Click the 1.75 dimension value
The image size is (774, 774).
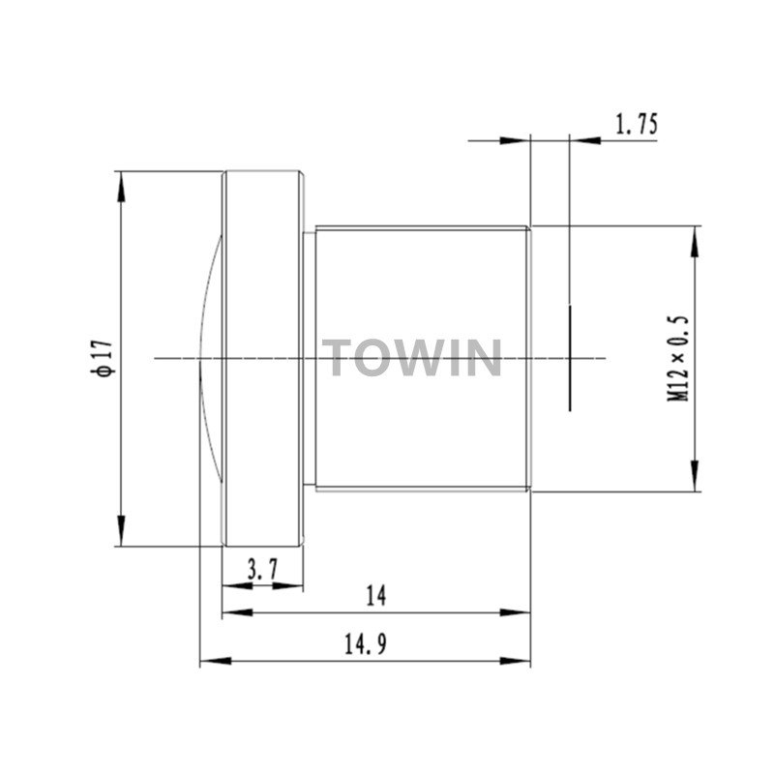coord(637,124)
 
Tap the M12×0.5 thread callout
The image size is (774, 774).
coord(678,358)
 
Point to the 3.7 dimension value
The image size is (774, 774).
coord(263,570)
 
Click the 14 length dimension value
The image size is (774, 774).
coord(376,596)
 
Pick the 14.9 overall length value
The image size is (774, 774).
coord(366,643)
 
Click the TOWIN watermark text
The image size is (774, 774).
coord(412,357)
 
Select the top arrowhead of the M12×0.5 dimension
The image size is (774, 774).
coord(695,241)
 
